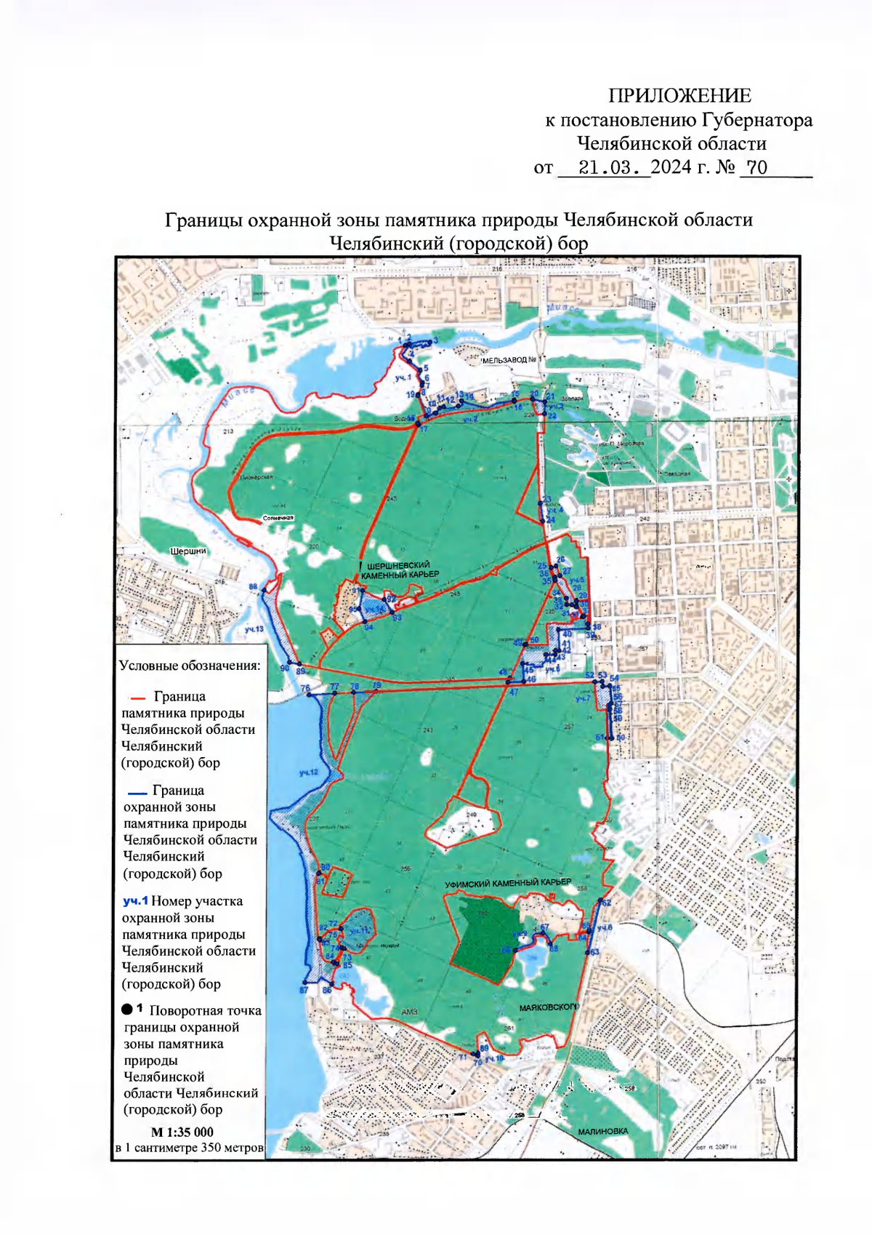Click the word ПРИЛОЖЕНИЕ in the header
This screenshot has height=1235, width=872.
pyautogui.click(x=679, y=96)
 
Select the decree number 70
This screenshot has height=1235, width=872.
pyautogui.click(x=756, y=168)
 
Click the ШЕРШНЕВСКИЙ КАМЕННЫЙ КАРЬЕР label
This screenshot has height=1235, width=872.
pyautogui.click(x=400, y=569)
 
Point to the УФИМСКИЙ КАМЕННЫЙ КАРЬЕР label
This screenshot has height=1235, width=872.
pyautogui.click(x=508, y=883)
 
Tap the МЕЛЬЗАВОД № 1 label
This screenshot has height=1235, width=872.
pyautogui.click(x=512, y=360)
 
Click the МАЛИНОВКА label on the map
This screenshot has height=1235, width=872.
pyautogui.click(x=602, y=1131)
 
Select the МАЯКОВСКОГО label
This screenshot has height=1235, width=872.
pyautogui.click(x=549, y=1007)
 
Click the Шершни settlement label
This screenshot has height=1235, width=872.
pyautogui.click(x=188, y=551)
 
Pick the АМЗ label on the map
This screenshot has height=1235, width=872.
pyautogui.click(x=409, y=1012)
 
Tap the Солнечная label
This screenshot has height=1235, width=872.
pyautogui.click(x=278, y=519)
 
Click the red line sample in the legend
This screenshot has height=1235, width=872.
pyautogui.click(x=138, y=698)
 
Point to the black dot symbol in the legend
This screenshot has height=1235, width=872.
pyautogui.click(x=127, y=1010)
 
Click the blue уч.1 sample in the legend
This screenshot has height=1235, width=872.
pyautogui.click(x=135, y=901)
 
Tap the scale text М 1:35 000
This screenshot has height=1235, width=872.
pyautogui.click(x=182, y=1132)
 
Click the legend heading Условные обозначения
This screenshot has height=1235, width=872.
pyautogui.click(x=190, y=666)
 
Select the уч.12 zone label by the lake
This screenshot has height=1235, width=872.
pyautogui.click(x=309, y=772)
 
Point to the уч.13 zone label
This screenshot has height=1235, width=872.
pyautogui.click(x=254, y=629)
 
